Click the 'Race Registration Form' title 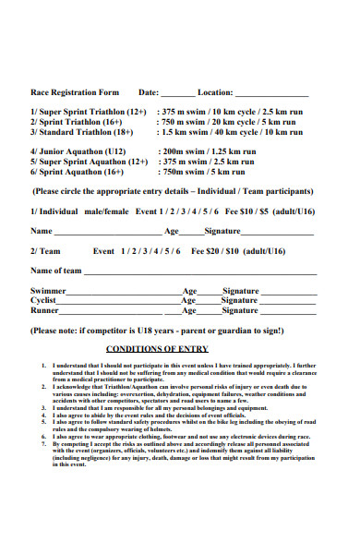pyautogui.click(x=76, y=92)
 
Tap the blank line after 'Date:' pyautogui.click(x=178, y=95)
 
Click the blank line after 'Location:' pyautogui.click(x=275, y=95)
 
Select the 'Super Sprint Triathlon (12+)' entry pyautogui.click(x=89, y=110)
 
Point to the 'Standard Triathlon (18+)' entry pyautogui.click(x=80, y=132)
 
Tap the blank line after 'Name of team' pyautogui.click(x=200, y=273)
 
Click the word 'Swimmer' pyautogui.click(x=48, y=290)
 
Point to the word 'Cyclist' pyautogui.click(x=45, y=300)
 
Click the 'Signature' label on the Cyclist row pyautogui.click(x=240, y=300)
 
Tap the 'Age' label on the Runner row pyautogui.click(x=189, y=310)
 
